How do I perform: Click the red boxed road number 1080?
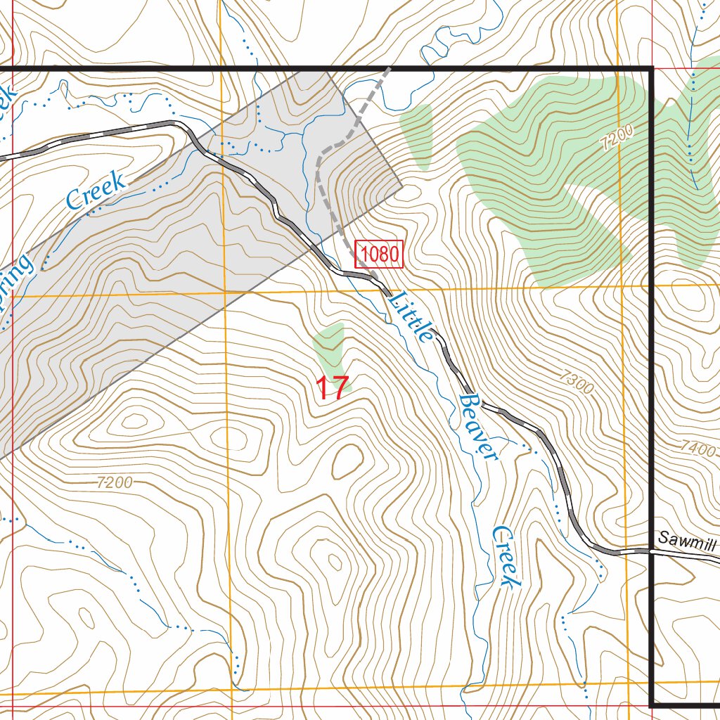[379, 254]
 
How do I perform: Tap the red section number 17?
[332, 388]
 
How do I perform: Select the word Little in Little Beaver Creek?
[411, 316]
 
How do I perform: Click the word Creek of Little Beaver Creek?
[507, 556]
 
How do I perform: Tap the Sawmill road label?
[686, 540]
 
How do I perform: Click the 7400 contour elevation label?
[697, 447]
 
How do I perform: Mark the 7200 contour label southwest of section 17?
[115, 482]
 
